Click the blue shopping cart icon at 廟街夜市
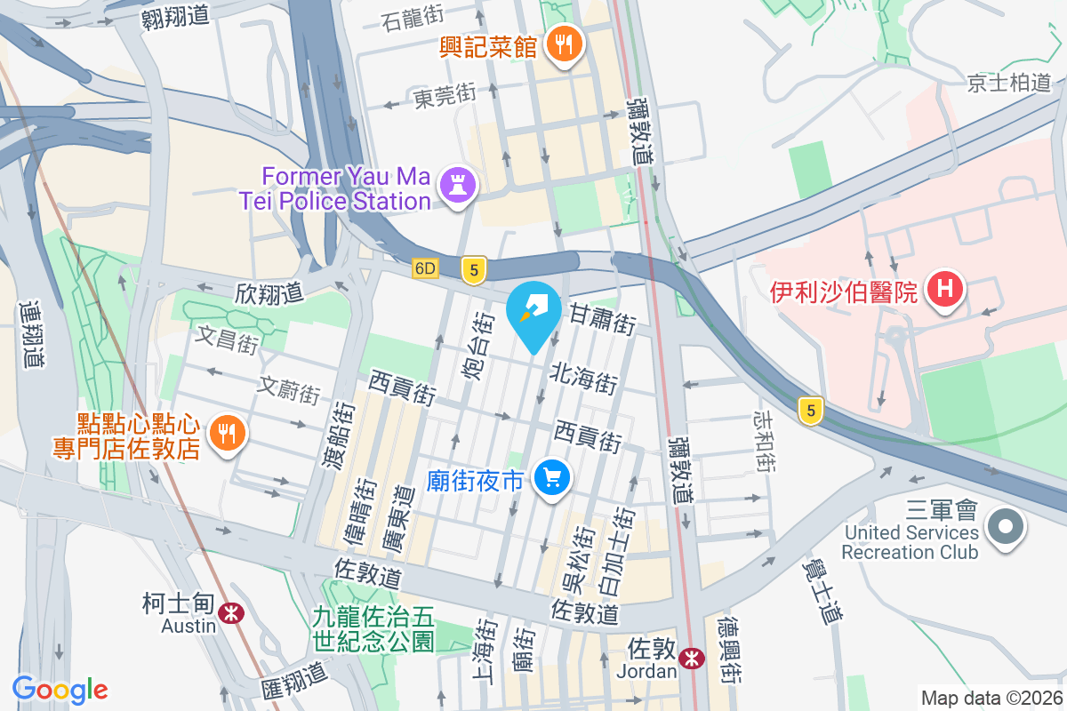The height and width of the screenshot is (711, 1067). [x=552, y=479]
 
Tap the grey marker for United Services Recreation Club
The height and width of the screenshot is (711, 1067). [x=1006, y=527]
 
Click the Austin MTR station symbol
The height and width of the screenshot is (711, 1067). [x=232, y=613]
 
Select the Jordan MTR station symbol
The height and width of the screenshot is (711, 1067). [x=690, y=659]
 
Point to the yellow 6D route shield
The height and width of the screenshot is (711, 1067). [x=426, y=268]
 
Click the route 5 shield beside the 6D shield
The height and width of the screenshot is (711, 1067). [x=475, y=269]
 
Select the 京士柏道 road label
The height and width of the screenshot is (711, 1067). [x=1009, y=84]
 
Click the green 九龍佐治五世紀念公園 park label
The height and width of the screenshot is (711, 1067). [x=373, y=627]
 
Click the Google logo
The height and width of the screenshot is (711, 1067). [x=60, y=689]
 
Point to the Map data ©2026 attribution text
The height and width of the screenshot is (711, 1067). [x=991, y=698]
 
